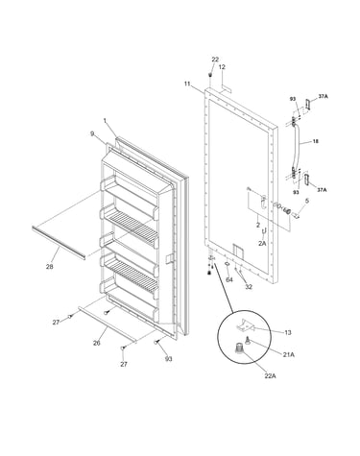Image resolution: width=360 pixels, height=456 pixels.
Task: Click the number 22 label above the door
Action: [x=215, y=60]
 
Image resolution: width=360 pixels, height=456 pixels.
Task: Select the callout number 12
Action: [x=222, y=67]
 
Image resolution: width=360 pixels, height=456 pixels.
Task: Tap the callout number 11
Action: [x=187, y=84]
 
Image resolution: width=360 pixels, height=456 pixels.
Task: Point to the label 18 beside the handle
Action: [x=316, y=141]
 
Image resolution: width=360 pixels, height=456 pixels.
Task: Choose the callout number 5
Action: [x=307, y=201]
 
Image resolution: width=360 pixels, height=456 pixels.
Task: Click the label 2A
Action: [x=262, y=244]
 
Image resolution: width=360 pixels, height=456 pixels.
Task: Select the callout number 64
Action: [x=229, y=279]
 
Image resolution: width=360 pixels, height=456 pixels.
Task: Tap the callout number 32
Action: [x=249, y=287]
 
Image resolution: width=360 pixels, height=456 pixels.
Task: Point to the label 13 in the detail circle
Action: [x=288, y=332]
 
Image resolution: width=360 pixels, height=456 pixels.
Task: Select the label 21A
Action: [x=288, y=354]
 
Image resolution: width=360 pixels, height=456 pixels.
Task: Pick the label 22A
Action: [x=270, y=375]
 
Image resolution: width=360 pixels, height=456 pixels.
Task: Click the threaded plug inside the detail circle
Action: [x=238, y=348]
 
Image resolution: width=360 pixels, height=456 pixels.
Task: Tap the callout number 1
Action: [x=105, y=120]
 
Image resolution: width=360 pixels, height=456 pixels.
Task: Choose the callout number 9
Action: [x=92, y=133]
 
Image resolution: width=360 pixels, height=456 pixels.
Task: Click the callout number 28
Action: [x=49, y=266]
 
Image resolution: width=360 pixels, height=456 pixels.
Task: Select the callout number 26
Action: [x=97, y=343]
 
